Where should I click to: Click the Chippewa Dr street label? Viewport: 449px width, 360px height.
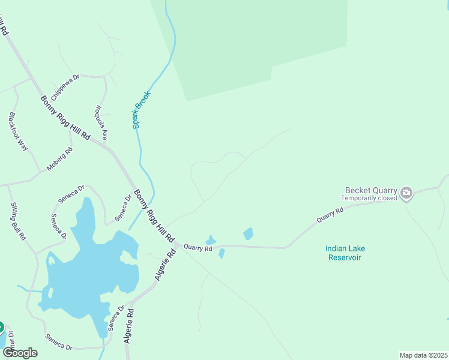pyautogui.click(x=65, y=88)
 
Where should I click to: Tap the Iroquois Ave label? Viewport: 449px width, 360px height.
pyautogui.click(x=100, y=123)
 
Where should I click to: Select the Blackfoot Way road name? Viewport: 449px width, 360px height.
pyautogui.click(x=19, y=131)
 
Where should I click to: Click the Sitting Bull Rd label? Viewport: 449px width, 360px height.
pyautogui.click(x=18, y=221)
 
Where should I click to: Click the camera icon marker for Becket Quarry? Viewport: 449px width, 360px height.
pyautogui.click(x=406, y=193)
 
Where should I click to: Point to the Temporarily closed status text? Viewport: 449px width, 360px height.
pyautogui.click(x=369, y=198)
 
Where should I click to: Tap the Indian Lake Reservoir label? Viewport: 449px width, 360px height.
pyautogui.click(x=345, y=253)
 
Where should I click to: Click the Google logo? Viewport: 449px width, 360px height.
pyautogui.click(x=20, y=352)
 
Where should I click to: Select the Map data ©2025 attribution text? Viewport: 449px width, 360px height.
pyautogui.click(x=423, y=355)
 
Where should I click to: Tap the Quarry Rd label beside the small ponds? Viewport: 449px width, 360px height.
pyautogui.click(x=198, y=247)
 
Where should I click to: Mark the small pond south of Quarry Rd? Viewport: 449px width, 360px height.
pyautogui.click(x=221, y=254)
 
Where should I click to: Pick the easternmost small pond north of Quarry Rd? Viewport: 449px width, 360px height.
pyautogui.click(x=248, y=233)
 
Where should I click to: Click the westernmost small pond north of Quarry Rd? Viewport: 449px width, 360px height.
pyautogui.click(x=211, y=240)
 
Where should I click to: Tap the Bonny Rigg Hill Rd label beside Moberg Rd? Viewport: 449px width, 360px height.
pyautogui.click(x=65, y=118)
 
